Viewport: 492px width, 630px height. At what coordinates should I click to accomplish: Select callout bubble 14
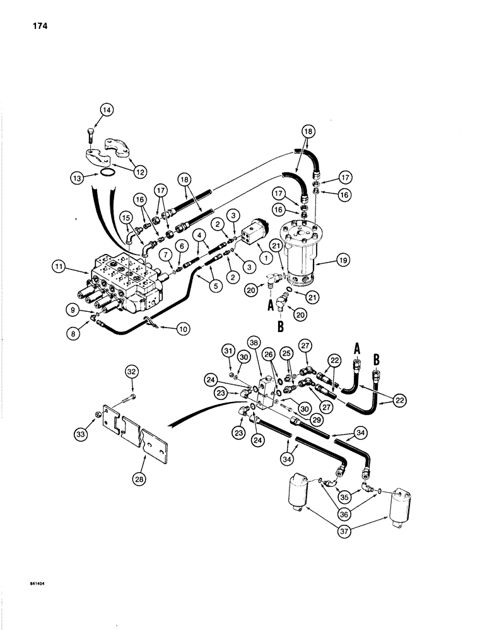(x=105, y=112)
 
